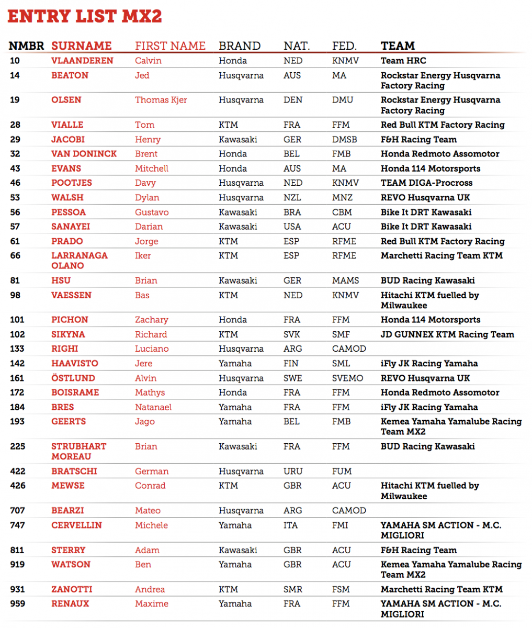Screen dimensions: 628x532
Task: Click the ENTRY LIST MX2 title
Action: click(x=84, y=16)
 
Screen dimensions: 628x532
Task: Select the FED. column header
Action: click(x=344, y=46)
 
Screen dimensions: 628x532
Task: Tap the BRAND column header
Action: click(x=240, y=46)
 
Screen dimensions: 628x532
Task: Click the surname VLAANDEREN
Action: click(x=82, y=61)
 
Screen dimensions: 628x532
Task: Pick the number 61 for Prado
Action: click(x=15, y=241)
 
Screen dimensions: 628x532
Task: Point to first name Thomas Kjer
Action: click(x=161, y=100)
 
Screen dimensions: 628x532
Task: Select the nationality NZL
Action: click(x=292, y=198)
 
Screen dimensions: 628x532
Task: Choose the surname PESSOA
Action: click(x=69, y=212)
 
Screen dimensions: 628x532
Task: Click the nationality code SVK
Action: click(x=292, y=334)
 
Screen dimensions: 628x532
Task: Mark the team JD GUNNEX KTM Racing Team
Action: click(x=447, y=334)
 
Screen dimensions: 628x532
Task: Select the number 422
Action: click(x=17, y=472)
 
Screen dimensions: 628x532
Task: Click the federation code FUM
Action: click(x=342, y=472)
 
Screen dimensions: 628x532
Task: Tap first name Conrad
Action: click(x=150, y=486)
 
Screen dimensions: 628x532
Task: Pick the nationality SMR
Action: click(x=293, y=589)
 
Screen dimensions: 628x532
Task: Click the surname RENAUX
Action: click(x=70, y=604)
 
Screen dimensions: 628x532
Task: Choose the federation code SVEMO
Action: click(x=347, y=378)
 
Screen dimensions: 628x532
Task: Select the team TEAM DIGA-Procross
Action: click(x=426, y=183)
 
